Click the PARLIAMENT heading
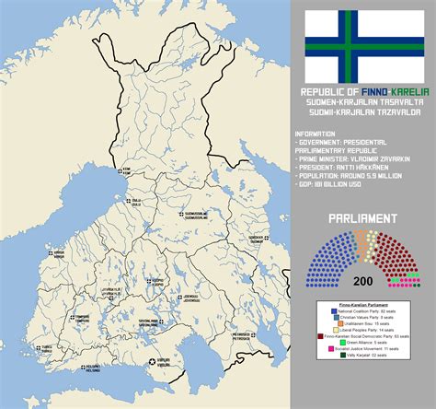pos(363,218)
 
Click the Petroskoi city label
pos(241,335)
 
